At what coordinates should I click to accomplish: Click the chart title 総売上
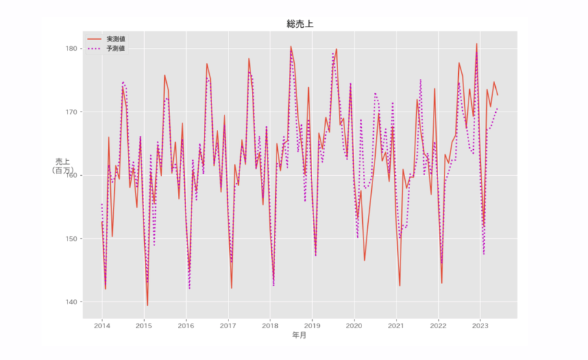300,24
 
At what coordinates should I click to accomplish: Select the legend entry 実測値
116,39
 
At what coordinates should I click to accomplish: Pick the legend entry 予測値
116,48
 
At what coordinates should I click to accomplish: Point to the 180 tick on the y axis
71,49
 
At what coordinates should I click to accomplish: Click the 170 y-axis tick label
71,112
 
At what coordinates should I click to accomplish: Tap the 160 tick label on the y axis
71,175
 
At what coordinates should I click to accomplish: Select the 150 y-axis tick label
71,239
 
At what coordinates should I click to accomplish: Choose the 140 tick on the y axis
71,302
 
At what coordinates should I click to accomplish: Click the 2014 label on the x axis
102,326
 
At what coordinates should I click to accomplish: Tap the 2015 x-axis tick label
144,326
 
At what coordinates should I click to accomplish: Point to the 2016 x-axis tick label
186,326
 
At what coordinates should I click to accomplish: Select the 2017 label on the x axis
228,326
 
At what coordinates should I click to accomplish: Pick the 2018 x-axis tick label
270,326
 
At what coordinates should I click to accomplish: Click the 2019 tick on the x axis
312,326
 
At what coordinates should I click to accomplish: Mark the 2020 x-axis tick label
354,326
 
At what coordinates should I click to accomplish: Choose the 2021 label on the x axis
397,326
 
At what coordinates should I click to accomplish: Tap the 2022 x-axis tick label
439,326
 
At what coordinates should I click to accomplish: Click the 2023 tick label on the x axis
480,326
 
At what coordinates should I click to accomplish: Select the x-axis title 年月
299,336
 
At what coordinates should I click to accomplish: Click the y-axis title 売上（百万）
62,166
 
